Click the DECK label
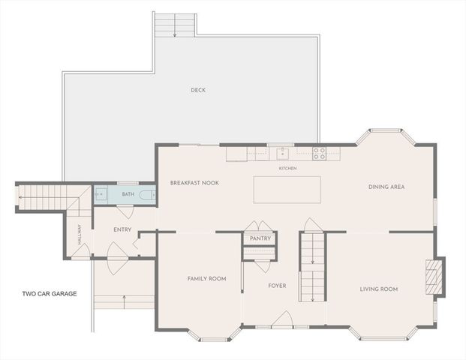tap(198, 90)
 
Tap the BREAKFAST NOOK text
tap(194, 183)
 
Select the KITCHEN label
tap(287, 169)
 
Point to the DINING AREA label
tap(386, 187)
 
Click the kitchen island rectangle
tap(287, 190)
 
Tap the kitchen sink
tap(283, 154)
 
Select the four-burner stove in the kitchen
tap(319, 154)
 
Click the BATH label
tap(128, 194)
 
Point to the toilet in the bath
tap(148, 194)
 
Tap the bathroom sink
tap(101, 194)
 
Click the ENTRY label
tap(122, 229)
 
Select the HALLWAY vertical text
tap(80, 234)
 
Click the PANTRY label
tap(260, 238)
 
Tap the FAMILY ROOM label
tap(206, 278)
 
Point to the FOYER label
tap(278, 286)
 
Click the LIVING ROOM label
tap(379, 289)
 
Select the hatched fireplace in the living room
tap(431, 277)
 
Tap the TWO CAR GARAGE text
tap(50, 294)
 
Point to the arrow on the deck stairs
tap(175, 25)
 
